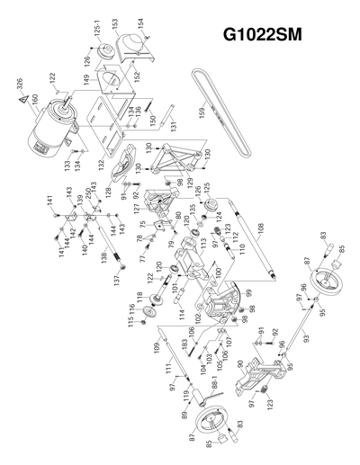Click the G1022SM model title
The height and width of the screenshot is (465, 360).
coord(272,38)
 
